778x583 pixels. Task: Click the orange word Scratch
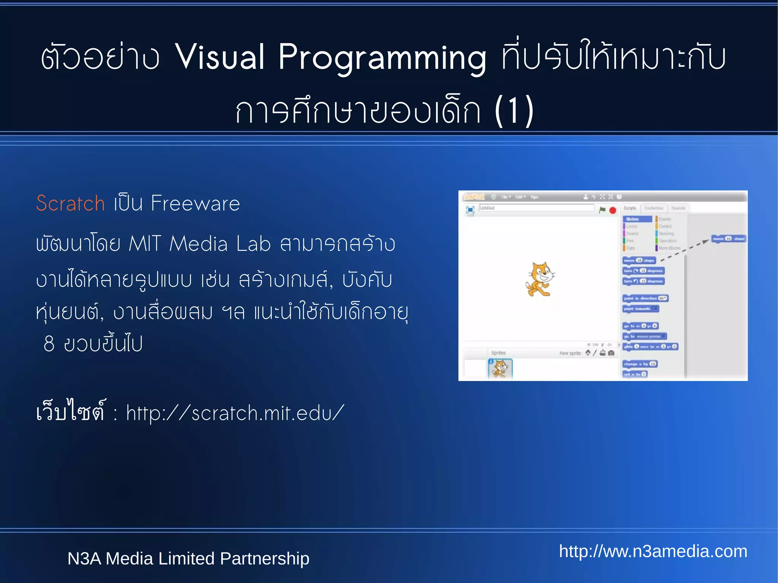[70, 203]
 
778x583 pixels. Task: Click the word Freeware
[195, 203]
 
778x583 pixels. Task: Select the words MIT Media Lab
[199, 243]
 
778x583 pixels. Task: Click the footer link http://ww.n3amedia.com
[653, 551]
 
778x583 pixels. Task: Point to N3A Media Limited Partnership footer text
[188, 558]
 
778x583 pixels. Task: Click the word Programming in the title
[382, 57]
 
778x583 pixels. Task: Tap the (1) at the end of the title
[514, 111]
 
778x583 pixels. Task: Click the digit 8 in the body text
[49, 344]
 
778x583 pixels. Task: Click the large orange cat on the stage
[539, 279]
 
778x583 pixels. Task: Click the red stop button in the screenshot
[613, 210]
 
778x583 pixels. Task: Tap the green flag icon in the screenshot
[602, 210]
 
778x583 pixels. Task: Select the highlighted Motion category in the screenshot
[637, 219]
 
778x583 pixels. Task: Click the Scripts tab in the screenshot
[629, 208]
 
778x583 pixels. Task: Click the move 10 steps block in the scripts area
[729, 239]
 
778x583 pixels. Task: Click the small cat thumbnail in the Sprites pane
[500, 368]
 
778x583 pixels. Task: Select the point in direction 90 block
[645, 298]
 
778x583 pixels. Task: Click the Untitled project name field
[536, 208]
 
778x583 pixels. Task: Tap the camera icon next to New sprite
[611, 353]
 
